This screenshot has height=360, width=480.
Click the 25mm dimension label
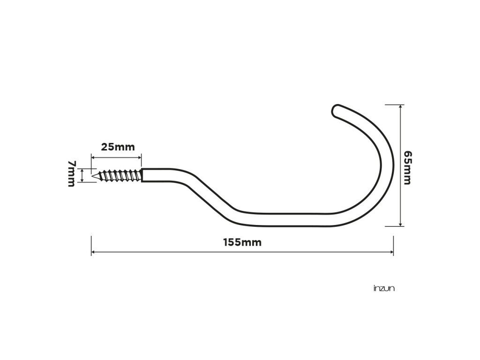click(118, 147)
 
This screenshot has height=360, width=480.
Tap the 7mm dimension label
click(71, 173)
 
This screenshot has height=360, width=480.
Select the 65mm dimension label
click(407, 168)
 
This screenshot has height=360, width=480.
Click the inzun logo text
click(384, 288)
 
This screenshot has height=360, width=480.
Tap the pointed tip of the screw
click(92, 176)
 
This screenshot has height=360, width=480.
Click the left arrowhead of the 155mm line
click(93, 252)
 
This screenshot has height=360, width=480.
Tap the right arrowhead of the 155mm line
click(392, 252)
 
